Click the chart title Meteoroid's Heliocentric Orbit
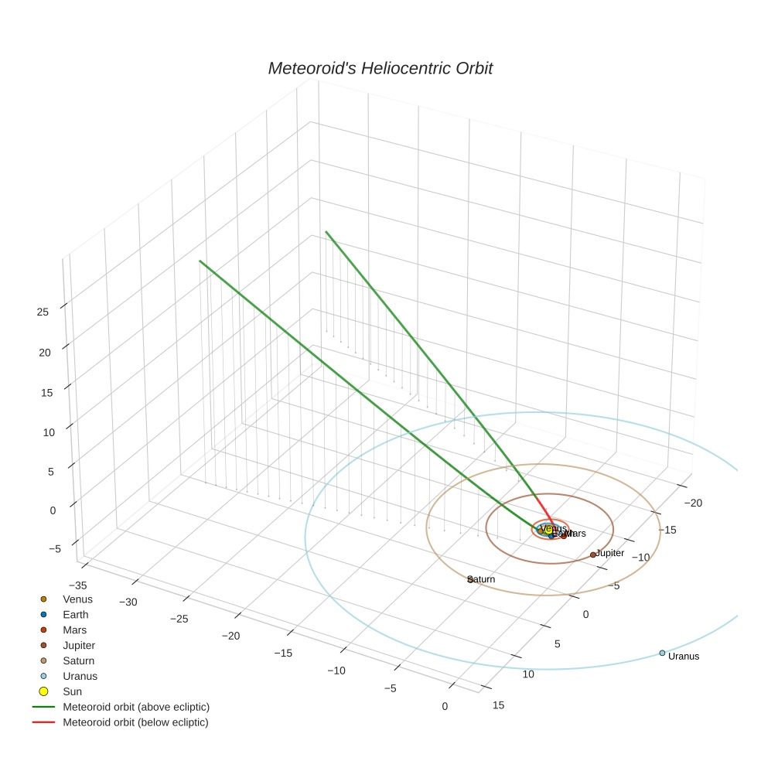pos(380,69)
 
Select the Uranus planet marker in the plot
pos(662,653)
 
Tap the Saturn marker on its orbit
pos(470,578)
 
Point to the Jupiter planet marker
pos(593,555)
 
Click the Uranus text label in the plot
pos(684,657)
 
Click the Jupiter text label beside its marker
pos(610,554)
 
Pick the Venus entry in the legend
pos(77,599)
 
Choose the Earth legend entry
pos(76,615)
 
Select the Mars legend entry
pos(75,630)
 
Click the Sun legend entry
pos(72,691)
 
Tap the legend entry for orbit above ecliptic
pos(136,707)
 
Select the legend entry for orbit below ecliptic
pos(135,722)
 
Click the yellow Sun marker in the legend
pos(43,691)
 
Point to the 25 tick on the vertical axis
pos(43,312)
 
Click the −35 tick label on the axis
pos(78,585)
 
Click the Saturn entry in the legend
pos(78,661)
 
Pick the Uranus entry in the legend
pos(80,676)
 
